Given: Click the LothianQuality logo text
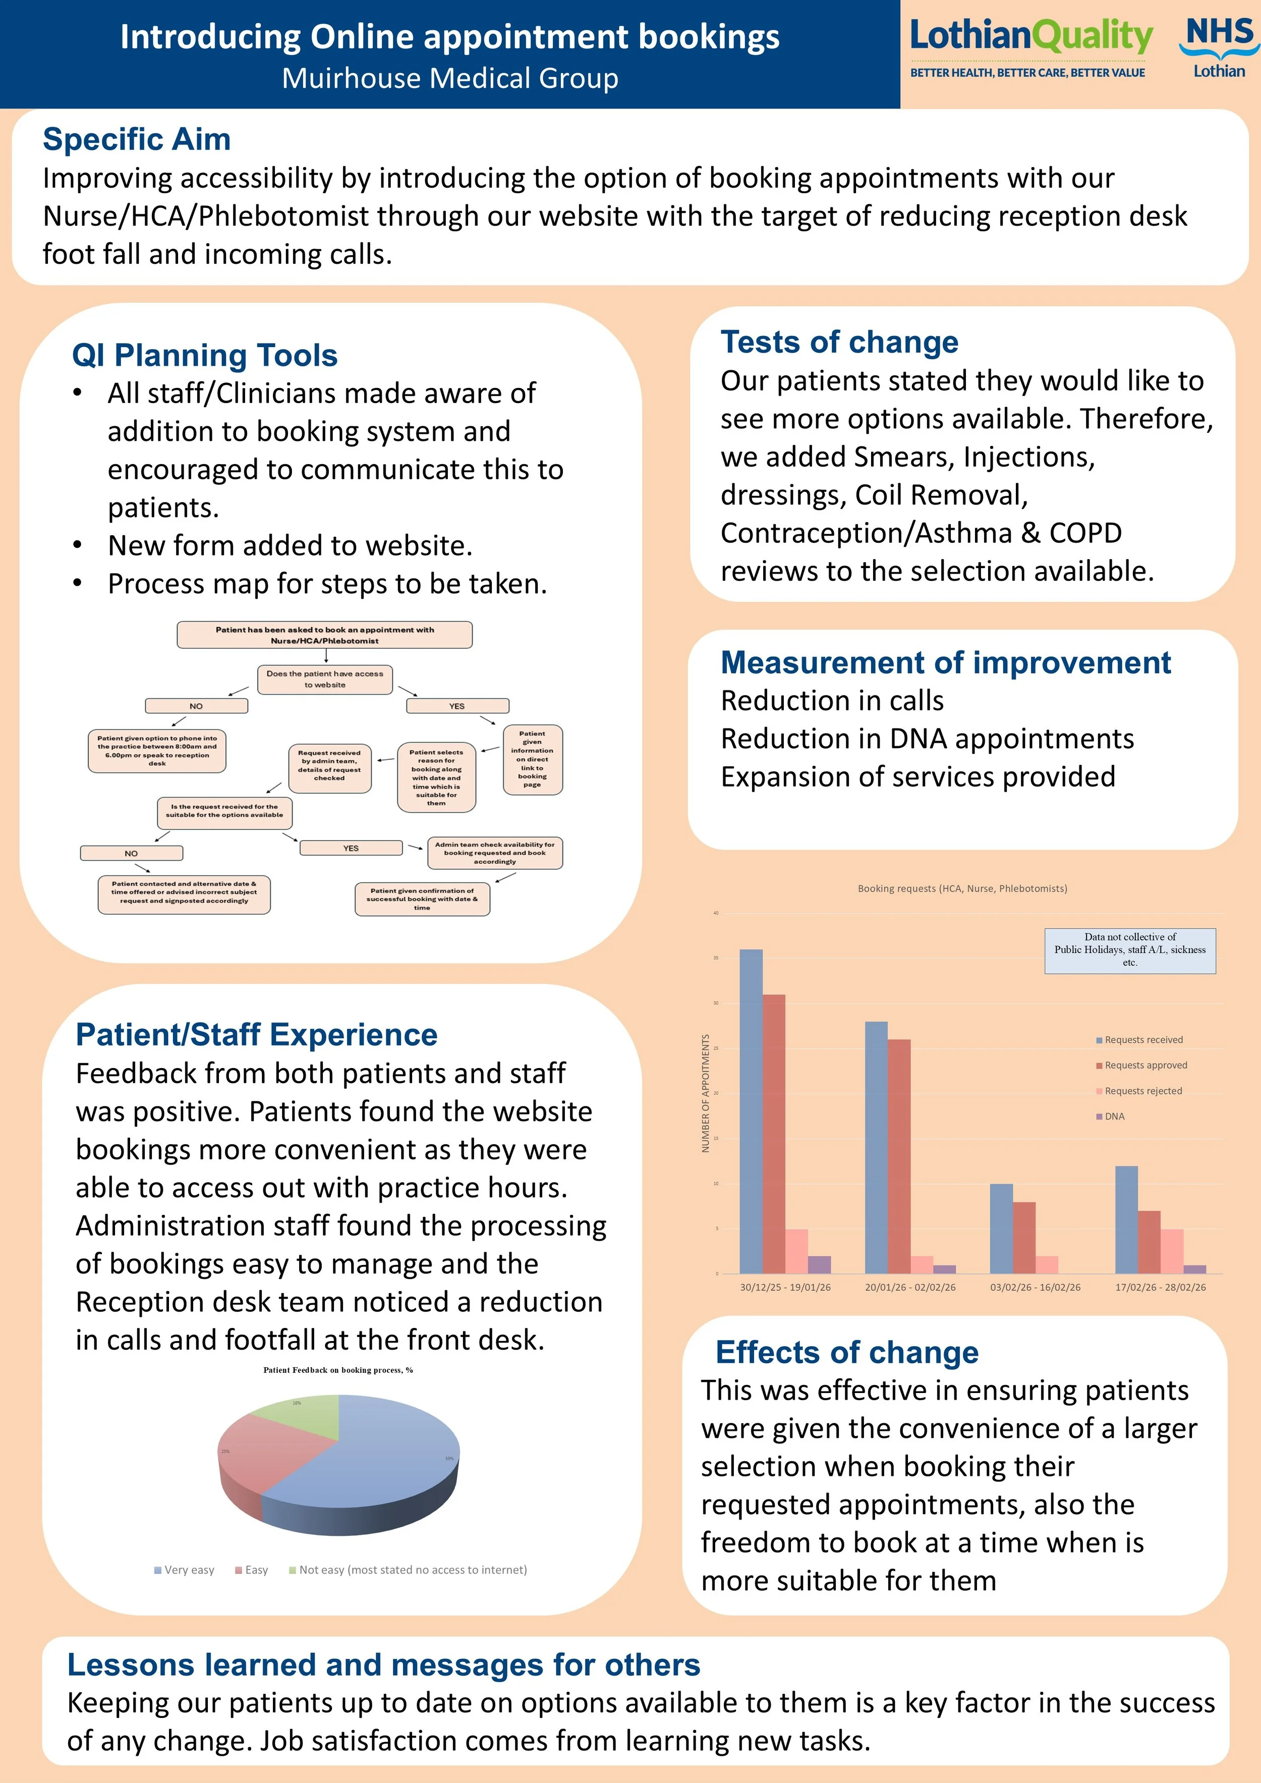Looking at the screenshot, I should point(1030,36).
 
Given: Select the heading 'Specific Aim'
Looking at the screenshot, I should point(137,140).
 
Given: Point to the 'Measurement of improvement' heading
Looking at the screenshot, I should point(946,663).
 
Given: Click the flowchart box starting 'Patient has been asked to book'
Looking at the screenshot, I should point(324,635).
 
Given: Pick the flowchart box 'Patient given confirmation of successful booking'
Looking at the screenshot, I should point(422,899).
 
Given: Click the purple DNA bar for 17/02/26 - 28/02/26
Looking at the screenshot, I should point(1195,1269).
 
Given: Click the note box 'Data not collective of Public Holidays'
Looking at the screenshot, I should point(1130,950).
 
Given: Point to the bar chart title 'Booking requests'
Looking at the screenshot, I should point(962,888).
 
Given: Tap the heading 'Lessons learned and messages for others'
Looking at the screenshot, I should point(383,1665).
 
